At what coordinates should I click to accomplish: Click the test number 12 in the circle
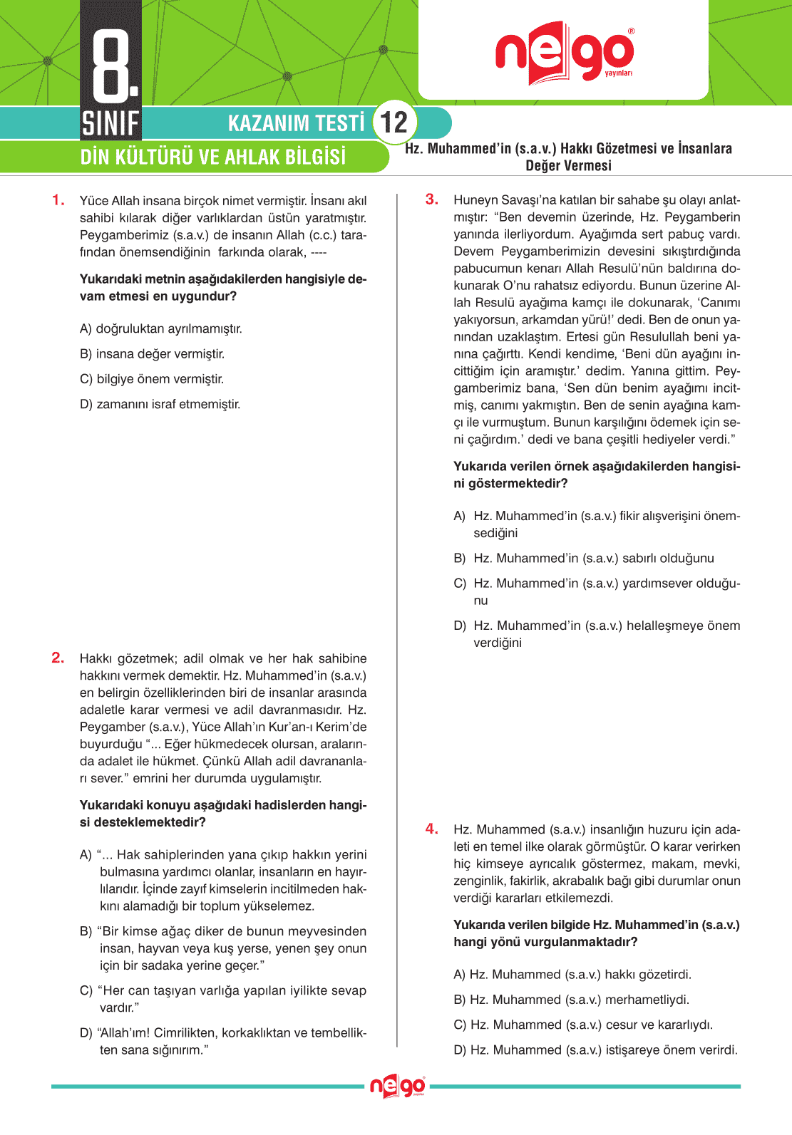(x=394, y=123)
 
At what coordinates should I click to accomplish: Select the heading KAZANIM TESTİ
(x=296, y=123)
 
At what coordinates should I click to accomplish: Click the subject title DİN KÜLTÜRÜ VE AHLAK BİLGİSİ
(x=212, y=157)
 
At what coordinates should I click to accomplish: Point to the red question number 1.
(x=58, y=200)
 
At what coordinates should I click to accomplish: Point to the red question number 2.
(x=58, y=658)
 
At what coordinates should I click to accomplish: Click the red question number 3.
(x=432, y=199)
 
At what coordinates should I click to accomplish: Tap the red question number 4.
(x=432, y=829)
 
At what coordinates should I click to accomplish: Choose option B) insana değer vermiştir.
(x=153, y=354)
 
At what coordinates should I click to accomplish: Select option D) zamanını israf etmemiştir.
(x=160, y=405)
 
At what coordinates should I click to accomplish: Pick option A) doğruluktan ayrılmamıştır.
(x=161, y=329)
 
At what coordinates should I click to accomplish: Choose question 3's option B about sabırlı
(x=584, y=559)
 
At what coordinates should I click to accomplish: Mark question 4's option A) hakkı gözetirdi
(x=572, y=975)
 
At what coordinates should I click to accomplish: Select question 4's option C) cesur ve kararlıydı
(x=583, y=1025)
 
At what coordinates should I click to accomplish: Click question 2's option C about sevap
(x=223, y=999)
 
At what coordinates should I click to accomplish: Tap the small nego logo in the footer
(x=397, y=1087)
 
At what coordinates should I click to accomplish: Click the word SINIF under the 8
(x=110, y=124)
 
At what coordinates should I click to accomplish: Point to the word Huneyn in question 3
(x=475, y=200)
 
